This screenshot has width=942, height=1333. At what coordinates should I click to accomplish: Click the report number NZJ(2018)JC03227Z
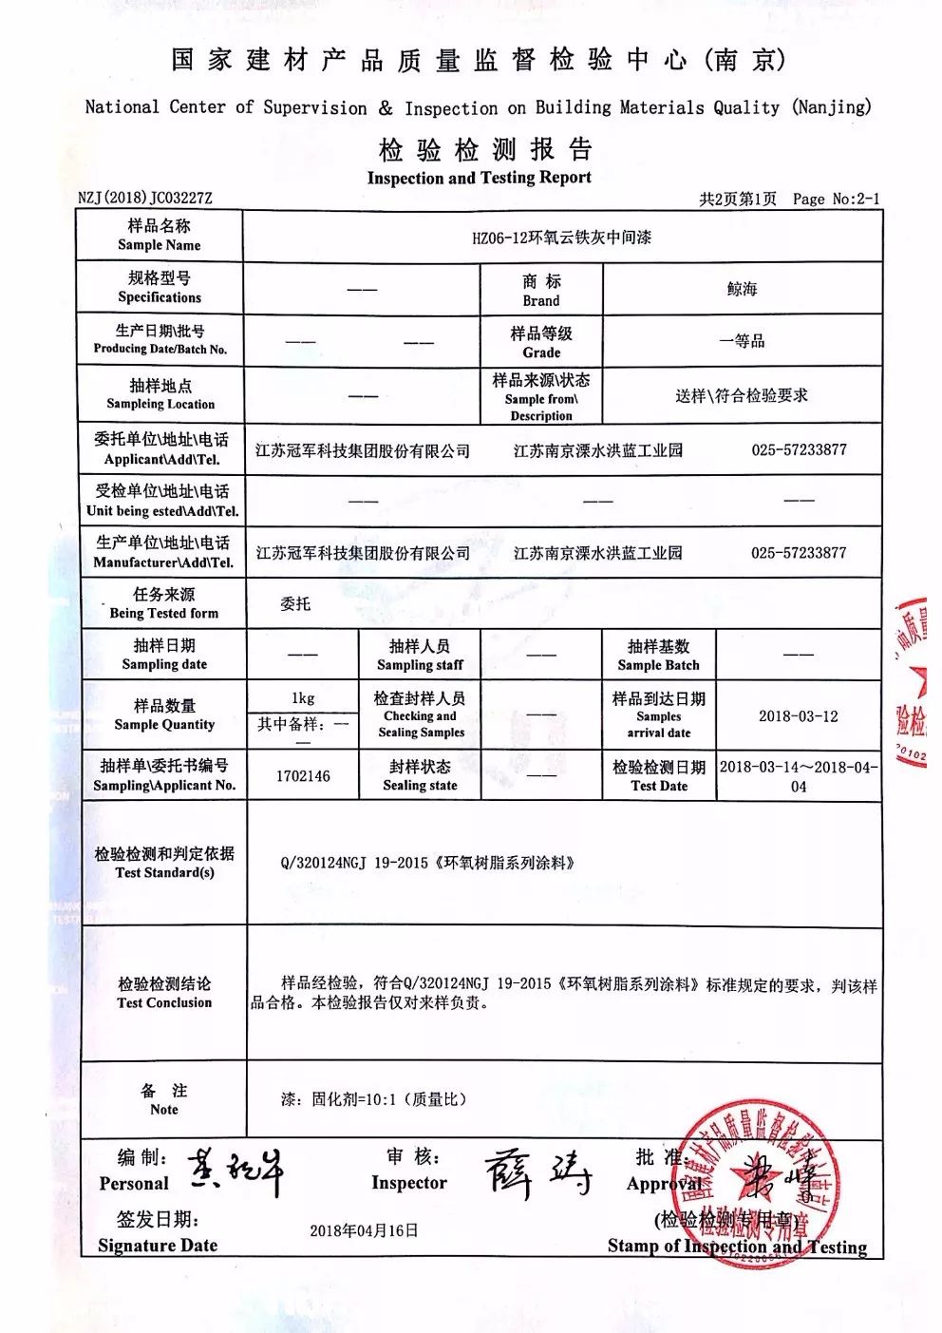(145, 198)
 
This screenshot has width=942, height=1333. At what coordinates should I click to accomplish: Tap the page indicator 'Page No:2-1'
(836, 199)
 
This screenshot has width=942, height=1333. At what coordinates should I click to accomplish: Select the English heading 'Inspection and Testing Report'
(479, 178)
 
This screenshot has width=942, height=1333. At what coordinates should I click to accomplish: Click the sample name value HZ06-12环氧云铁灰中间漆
(561, 238)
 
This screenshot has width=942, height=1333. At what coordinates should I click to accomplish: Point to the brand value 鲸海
(742, 289)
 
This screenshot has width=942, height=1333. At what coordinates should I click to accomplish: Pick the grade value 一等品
(742, 341)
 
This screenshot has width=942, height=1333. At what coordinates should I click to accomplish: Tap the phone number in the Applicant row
(799, 449)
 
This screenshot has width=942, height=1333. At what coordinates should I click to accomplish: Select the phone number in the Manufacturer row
(799, 552)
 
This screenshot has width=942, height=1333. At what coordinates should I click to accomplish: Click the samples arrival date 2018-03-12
(798, 716)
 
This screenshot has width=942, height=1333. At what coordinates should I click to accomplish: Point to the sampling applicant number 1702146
(303, 775)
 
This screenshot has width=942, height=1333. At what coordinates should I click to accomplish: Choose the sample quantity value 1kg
(303, 697)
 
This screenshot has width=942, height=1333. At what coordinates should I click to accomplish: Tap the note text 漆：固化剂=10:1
(373, 1099)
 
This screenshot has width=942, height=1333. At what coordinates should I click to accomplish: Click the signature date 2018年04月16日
(364, 1230)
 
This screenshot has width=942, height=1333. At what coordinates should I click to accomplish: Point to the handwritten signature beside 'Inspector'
(537, 1174)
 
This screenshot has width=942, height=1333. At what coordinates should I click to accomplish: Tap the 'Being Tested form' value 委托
(295, 603)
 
